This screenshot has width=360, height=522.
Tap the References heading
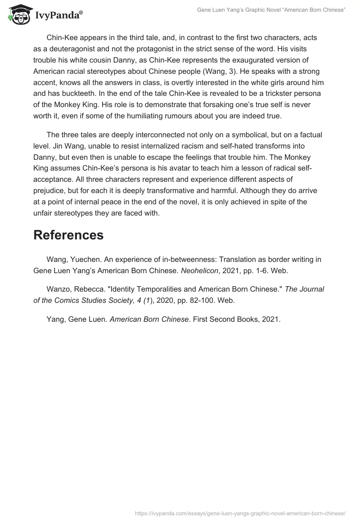(68, 234)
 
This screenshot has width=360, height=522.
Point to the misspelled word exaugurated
(254, 59)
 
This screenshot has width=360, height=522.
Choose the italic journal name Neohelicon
(201, 271)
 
